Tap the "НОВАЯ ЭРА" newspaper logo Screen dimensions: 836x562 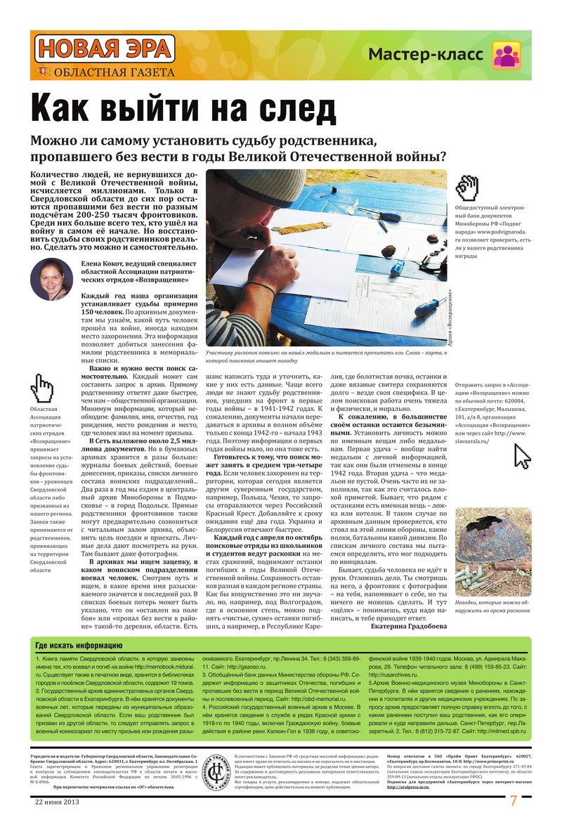[x=105, y=49]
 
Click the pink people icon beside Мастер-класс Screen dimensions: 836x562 [x=506, y=55]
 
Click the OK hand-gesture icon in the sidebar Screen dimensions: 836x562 [x=467, y=187]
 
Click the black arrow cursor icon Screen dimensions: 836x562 [x=523, y=456]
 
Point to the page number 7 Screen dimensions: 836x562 [x=514, y=801]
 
